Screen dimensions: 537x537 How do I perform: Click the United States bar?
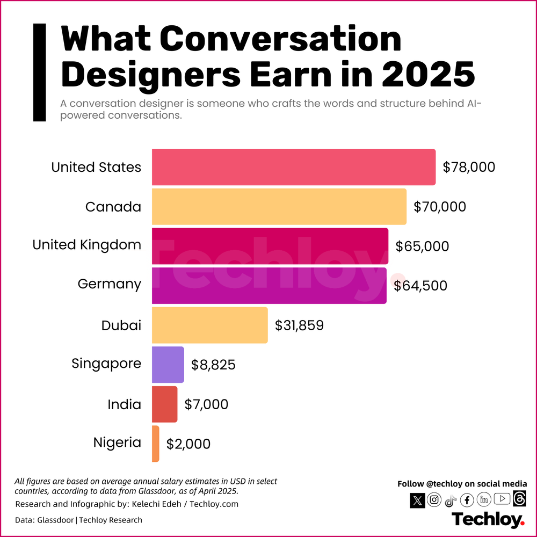click(x=293, y=167)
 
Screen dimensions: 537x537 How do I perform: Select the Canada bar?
click(x=279, y=206)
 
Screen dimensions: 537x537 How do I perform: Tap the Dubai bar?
click(x=209, y=325)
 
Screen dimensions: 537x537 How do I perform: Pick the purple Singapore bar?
click(x=168, y=365)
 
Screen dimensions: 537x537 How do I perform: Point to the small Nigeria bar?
click(x=156, y=444)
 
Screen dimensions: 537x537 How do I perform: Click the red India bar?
click(x=164, y=404)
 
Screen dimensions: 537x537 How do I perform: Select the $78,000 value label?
click(x=468, y=167)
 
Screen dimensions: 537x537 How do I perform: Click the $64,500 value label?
click(x=420, y=286)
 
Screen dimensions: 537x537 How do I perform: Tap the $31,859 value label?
click(x=299, y=325)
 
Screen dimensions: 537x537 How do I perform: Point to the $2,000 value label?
click(x=188, y=444)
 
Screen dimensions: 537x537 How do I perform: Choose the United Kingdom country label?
click(x=87, y=245)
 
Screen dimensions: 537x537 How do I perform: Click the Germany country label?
click(x=110, y=284)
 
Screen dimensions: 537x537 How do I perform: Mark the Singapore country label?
click(x=106, y=364)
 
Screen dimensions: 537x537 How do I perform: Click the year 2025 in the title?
click(x=429, y=74)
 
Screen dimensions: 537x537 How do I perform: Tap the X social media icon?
click(x=418, y=500)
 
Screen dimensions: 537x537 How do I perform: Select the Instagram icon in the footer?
click(x=434, y=500)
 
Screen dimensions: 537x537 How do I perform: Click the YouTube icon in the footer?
click(x=502, y=499)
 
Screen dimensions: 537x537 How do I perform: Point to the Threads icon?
click(x=519, y=499)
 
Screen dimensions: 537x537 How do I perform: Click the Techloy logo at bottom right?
click(x=488, y=520)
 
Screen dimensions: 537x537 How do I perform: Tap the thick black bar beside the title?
click(x=40, y=72)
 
